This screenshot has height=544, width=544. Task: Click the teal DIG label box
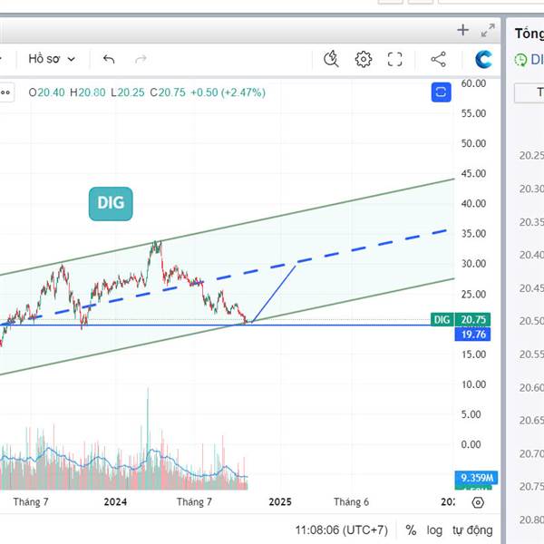111,204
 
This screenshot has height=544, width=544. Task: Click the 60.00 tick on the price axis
474,83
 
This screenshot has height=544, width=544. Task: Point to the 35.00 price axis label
474,234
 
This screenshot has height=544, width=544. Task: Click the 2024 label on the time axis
115,501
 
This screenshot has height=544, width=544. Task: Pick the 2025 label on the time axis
279,501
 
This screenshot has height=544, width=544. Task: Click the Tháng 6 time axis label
351,501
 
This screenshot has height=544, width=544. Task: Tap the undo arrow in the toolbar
109,60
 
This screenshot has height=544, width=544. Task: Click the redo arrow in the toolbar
141,60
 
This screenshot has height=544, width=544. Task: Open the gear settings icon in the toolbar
364,60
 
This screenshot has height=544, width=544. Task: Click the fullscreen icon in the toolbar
395,60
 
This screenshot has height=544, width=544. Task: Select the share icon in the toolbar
439,60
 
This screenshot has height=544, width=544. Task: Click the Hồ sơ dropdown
52,59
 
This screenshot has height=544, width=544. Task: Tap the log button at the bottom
435,529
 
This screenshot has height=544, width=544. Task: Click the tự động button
473,529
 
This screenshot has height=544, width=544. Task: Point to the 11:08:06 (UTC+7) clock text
341,529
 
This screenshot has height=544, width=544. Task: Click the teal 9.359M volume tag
476,478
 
